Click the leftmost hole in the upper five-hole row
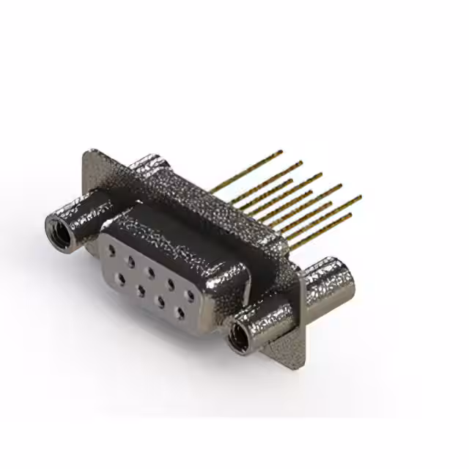pos(111,250)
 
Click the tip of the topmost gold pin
pos(281,152)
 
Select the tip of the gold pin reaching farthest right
pos(359,197)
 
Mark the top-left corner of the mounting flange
pos(87,153)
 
